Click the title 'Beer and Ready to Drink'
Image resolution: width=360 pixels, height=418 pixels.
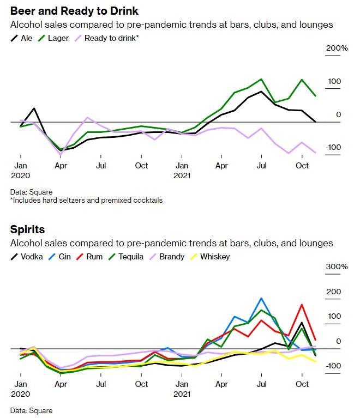tap(74, 11)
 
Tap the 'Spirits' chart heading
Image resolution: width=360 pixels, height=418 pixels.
tap(27, 229)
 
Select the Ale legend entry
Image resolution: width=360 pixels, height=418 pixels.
tap(22, 38)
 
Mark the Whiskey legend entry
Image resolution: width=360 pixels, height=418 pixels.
tap(210, 256)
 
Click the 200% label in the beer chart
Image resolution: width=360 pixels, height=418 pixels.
tap(337, 49)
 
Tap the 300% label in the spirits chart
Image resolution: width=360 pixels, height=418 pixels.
tap(337, 266)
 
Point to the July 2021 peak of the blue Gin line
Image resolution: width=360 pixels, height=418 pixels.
tap(262, 299)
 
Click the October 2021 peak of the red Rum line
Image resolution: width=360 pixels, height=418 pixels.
tap(302, 305)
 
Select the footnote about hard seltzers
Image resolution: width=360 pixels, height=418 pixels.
tap(86, 200)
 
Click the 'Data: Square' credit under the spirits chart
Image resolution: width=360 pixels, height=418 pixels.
tap(31, 410)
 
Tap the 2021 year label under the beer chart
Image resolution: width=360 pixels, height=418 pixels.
tap(182, 175)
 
